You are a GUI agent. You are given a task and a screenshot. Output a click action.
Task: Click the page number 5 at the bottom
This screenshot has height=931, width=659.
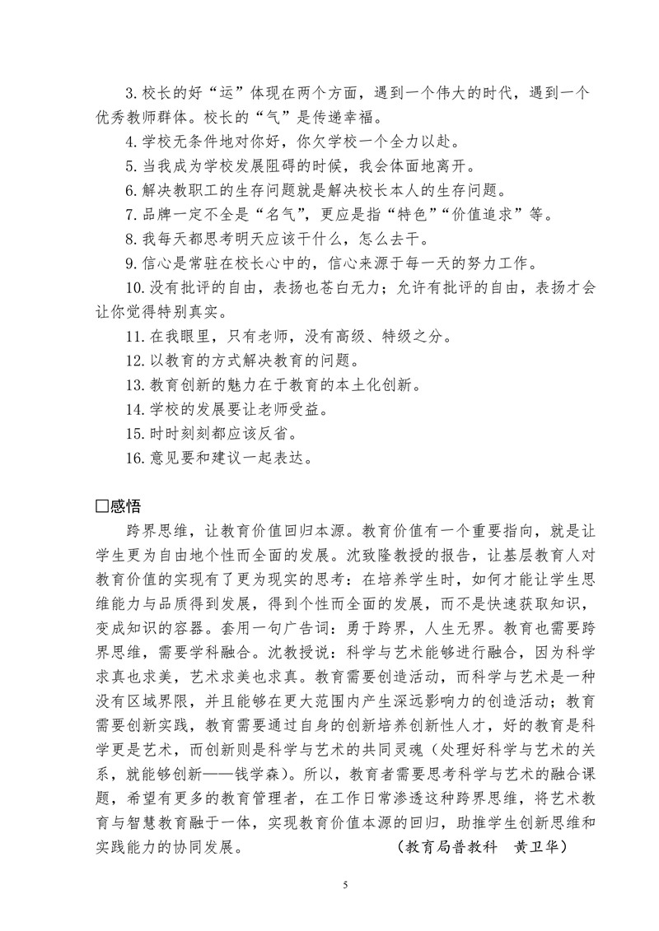tap(345, 885)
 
